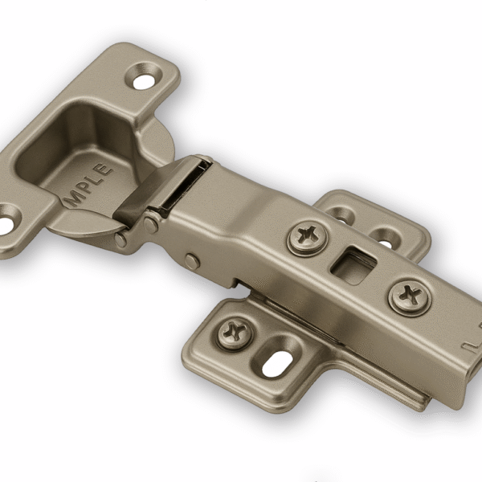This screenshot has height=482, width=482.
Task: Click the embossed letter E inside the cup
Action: [x=108, y=167]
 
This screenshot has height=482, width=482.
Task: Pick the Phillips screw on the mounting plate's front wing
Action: [x=235, y=330]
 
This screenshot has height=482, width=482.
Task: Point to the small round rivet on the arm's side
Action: [x=191, y=261]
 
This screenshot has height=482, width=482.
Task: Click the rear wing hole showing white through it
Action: [x=386, y=239]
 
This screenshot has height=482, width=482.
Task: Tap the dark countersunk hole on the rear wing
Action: [x=341, y=215]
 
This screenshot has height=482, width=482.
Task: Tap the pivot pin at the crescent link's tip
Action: [x=120, y=239]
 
